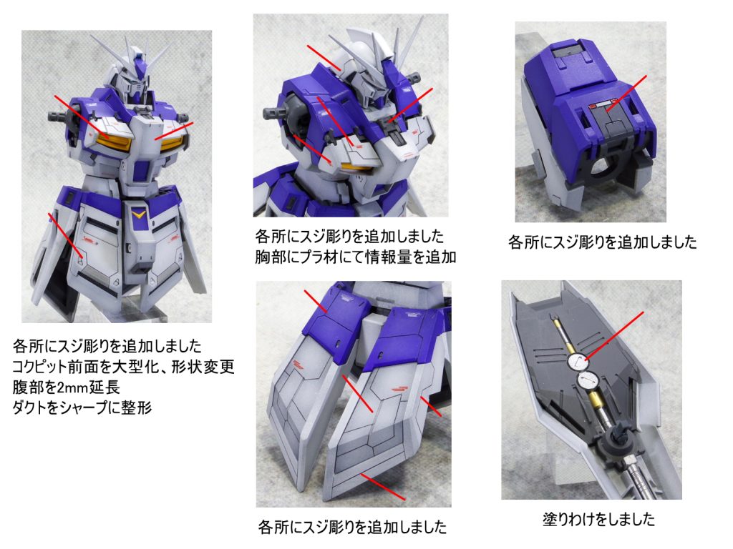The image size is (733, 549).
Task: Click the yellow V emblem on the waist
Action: [138, 214]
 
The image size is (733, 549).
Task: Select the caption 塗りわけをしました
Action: [599, 519]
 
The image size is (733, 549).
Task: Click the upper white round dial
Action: [578, 362]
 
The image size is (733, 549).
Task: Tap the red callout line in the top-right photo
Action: [627, 94]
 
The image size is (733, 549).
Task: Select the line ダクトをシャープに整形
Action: [82, 407]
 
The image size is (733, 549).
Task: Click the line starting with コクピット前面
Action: [123, 367]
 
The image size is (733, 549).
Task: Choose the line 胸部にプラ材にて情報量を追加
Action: [355, 257]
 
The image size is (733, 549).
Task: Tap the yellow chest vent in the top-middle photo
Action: [356, 166]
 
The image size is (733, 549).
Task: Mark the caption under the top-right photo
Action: [603, 242]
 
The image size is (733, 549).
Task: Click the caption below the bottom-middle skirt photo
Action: [352, 527]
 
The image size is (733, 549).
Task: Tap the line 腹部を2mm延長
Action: [67, 387]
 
